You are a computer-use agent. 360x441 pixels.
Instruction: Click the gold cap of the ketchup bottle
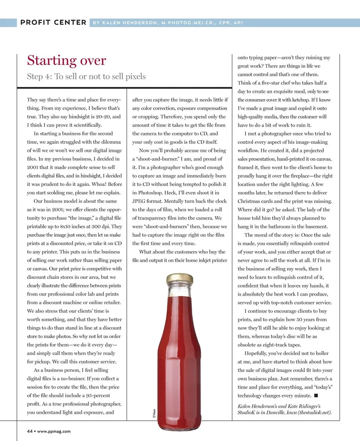[180, 278]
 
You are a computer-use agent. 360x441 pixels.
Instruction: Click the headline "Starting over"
[66, 60]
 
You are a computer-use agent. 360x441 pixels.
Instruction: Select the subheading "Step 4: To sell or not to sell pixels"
[86, 76]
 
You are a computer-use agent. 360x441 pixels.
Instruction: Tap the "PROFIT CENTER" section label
[53, 22]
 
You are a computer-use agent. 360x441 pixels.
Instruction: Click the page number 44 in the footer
[30, 431]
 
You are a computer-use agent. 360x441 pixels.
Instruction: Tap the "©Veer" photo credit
[154, 412]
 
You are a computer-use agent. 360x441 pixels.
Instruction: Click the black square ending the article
[316, 395]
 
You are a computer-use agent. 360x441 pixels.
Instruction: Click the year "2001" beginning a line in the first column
[33, 167]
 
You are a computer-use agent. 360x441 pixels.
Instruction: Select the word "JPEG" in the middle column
[140, 201]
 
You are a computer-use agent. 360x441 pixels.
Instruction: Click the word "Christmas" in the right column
[250, 201]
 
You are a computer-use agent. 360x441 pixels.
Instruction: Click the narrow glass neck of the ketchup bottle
[180, 296]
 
